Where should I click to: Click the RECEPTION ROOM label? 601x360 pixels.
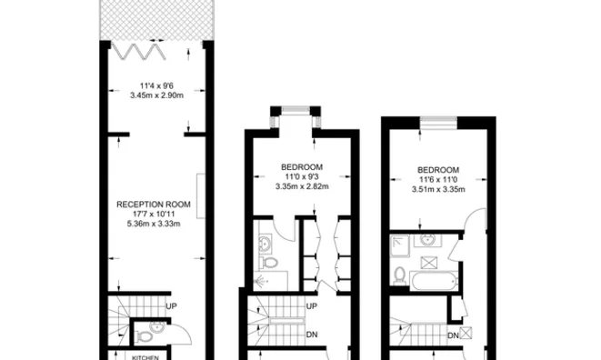pyautogui.click(x=153, y=205)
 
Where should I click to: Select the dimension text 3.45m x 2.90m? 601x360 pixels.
pyautogui.click(x=153, y=95)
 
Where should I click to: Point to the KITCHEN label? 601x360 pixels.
pyautogui.click(x=145, y=357)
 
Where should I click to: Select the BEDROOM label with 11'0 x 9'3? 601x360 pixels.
pyautogui.click(x=302, y=167)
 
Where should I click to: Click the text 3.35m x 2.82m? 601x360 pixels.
pyautogui.click(x=302, y=186)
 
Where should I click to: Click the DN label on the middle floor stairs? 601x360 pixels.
pyautogui.click(x=311, y=334)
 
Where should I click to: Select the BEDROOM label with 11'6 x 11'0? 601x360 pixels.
pyautogui.click(x=438, y=170)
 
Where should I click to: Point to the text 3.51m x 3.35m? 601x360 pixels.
pyautogui.click(x=438, y=189)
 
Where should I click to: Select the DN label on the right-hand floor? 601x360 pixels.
pyautogui.click(x=453, y=336)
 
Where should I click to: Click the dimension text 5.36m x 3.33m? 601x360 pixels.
pyautogui.click(x=153, y=224)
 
